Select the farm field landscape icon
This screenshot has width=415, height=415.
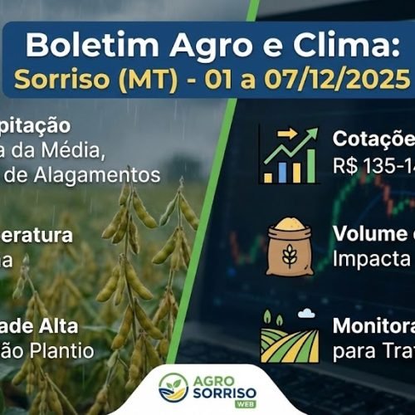coord(289,336)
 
